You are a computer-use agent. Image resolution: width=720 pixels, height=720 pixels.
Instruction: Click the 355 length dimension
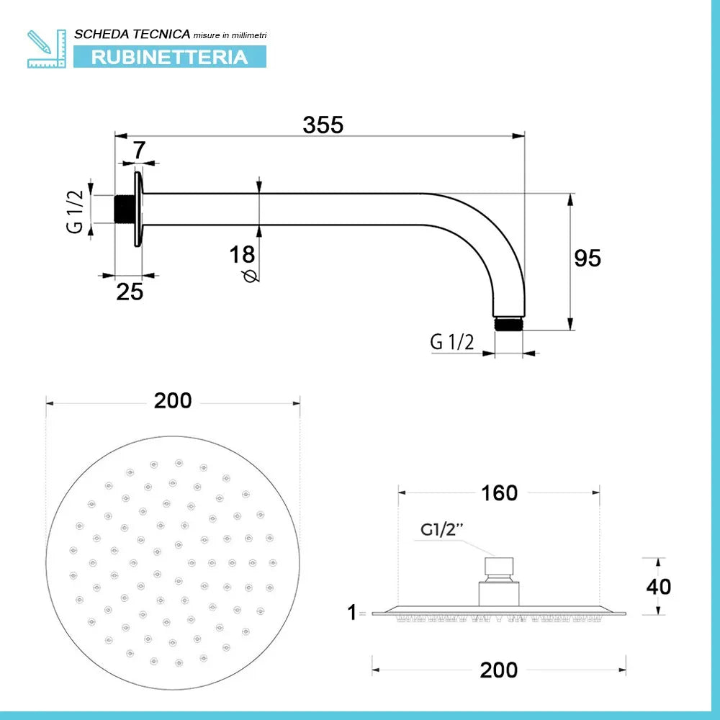point(323,125)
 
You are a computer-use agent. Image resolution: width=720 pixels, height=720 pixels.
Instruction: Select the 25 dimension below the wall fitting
point(130,292)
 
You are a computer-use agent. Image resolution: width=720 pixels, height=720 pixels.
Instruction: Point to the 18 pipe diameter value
point(242,254)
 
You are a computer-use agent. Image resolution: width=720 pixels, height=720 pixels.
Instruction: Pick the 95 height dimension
point(588,258)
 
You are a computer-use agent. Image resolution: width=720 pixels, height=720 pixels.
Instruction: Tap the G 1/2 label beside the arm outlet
point(451,342)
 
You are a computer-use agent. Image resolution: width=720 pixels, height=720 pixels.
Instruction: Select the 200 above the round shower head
point(173,400)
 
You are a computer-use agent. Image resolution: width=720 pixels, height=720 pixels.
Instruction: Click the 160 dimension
point(499,492)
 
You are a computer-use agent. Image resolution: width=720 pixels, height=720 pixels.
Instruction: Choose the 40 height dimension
point(658,586)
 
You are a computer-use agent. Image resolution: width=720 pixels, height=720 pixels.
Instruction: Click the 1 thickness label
point(351,613)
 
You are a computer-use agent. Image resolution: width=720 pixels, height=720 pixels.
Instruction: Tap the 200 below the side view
point(499,670)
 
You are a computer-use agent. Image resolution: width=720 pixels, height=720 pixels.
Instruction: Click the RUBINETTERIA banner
point(170,57)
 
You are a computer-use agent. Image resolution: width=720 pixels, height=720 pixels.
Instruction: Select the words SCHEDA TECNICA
point(132,34)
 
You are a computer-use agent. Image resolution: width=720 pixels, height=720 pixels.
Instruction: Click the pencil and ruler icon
point(46,49)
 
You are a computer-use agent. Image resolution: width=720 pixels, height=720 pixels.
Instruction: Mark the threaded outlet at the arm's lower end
point(509,323)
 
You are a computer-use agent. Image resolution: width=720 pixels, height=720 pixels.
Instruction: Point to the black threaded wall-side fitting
point(124,210)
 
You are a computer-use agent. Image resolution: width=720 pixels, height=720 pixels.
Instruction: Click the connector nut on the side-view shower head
point(500,567)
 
